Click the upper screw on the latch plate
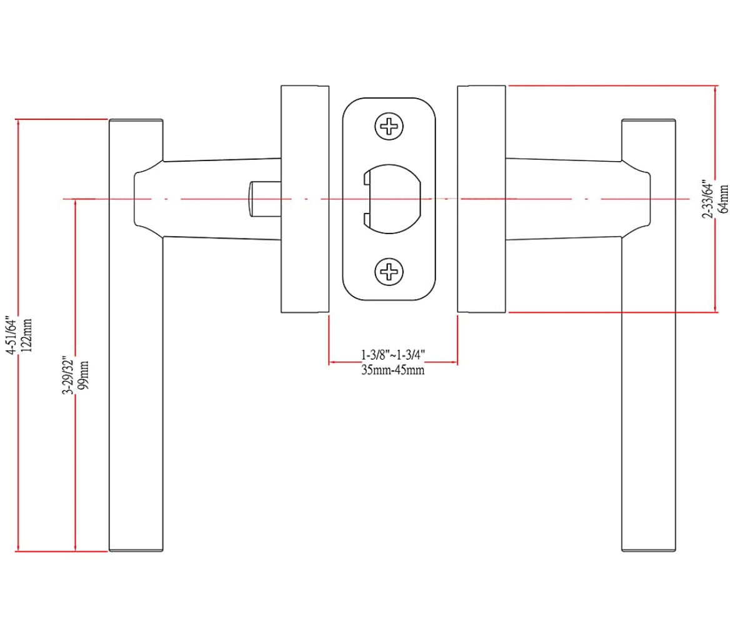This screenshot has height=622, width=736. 389,127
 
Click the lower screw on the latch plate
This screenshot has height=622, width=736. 389,271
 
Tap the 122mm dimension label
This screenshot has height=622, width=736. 27,335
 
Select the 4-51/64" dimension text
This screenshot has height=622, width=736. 11,335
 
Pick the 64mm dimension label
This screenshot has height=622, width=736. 724,199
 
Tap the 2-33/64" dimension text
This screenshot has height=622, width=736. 708,199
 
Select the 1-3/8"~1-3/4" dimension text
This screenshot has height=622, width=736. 393,355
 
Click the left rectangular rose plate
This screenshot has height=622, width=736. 304,199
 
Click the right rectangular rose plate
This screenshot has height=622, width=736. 481,199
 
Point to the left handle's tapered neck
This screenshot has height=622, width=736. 219,199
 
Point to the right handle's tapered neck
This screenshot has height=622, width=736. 565,199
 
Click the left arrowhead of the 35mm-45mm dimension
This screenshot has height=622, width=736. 333,362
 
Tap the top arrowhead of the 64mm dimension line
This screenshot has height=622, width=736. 716,89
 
